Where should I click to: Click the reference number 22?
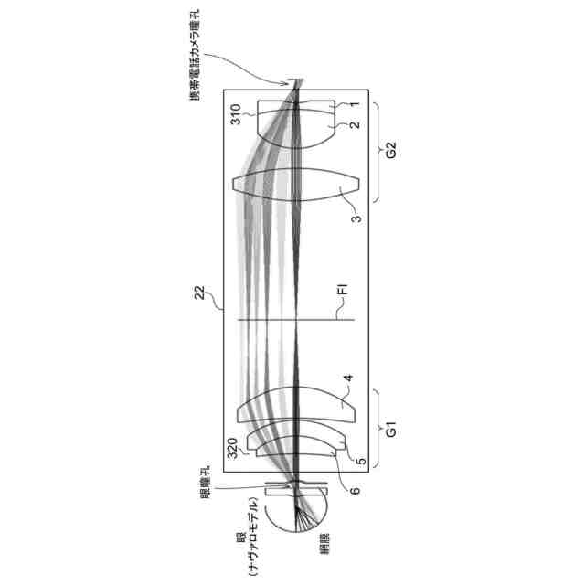point(200,292)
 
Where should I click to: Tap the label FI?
point(343,290)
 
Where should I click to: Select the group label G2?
point(390,150)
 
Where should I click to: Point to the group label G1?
point(390,430)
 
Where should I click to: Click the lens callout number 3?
point(357,218)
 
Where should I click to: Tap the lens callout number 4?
point(348,378)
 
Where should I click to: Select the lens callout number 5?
point(362,462)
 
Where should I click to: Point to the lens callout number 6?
point(356,490)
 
